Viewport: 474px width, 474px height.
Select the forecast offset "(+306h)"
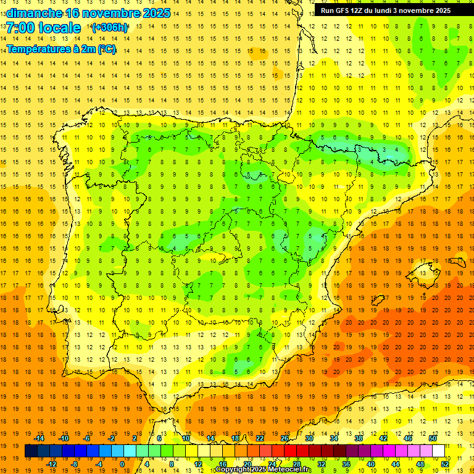tap(110, 28)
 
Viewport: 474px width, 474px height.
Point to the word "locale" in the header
tap(59, 28)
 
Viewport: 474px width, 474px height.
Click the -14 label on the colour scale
tap(39, 438)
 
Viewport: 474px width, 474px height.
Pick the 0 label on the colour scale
tap(122, 464)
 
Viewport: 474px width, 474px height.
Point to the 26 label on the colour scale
tap(285, 438)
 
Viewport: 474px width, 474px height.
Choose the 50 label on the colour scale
tap(432, 438)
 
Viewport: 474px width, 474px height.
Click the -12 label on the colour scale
tap(51, 464)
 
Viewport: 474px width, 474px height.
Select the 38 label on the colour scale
tap(358, 438)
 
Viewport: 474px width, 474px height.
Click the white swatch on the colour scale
tap(438, 451)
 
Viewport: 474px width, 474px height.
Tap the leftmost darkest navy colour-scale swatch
tap(31, 451)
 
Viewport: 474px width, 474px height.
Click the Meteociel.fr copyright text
tap(264, 470)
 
